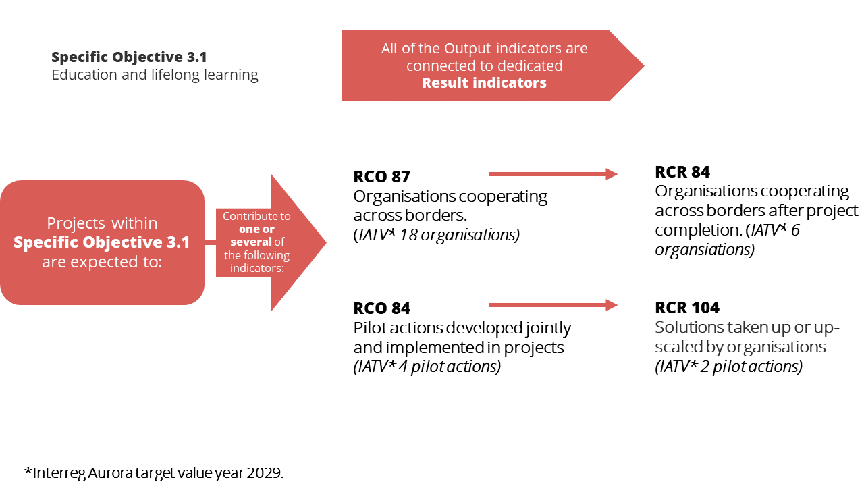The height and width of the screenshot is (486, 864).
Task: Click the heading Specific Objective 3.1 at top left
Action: point(129,57)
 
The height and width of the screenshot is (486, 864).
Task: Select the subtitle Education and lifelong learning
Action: point(155,75)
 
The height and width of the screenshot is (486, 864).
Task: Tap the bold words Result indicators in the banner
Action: point(484,82)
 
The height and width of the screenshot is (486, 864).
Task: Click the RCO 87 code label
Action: point(381,177)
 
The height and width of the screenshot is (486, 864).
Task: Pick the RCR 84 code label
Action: point(682,172)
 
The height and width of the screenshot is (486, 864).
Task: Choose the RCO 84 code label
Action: point(381,308)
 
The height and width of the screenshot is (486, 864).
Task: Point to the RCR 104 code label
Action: point(687,307)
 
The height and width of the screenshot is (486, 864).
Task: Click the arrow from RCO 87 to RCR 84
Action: point(553,174)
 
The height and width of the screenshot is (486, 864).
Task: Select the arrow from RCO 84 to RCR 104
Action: point(553,305)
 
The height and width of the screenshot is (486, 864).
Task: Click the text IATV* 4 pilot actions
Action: point(427,367)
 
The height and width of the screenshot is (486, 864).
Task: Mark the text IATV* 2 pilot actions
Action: point(728,367)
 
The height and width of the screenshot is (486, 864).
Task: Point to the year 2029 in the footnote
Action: point(263,473)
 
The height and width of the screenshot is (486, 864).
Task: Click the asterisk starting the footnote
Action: point(28,471)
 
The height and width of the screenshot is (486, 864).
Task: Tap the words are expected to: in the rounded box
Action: point(102,262)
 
